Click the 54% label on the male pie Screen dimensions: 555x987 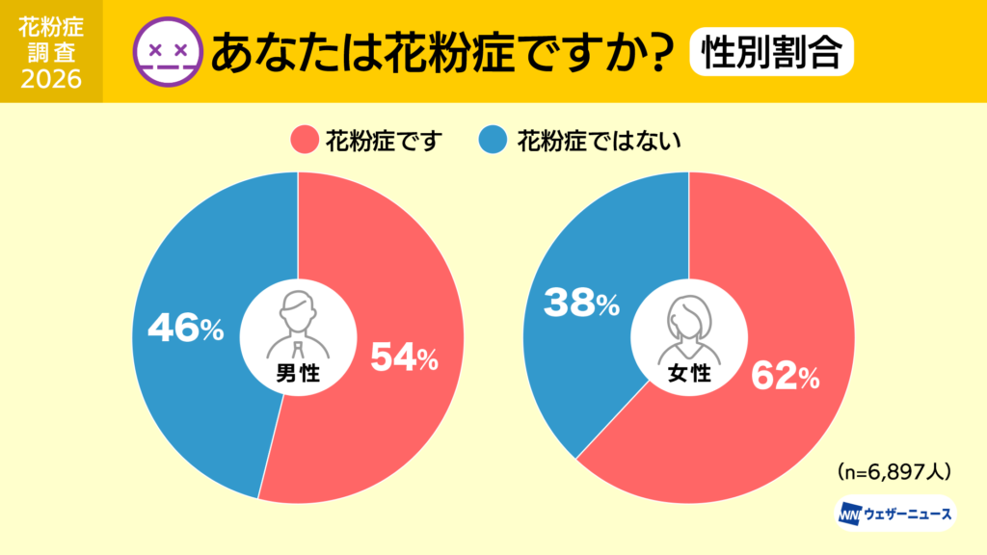point(404,359)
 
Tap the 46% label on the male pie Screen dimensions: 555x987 point(185,330)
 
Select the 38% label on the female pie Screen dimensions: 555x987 point(581,304)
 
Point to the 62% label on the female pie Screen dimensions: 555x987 point(786,378)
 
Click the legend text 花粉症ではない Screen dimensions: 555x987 point(599,141)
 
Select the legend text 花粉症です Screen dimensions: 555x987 point(383,141)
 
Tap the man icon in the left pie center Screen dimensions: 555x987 point(298,320)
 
